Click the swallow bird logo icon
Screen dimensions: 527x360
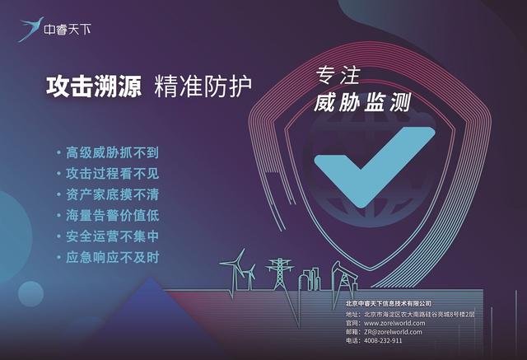[x=30, y=30]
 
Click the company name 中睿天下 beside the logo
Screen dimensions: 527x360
[x=68, y=30]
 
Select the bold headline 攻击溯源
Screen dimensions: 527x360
[x=94, y=86]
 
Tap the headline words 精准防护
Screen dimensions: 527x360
[x=203, y=86]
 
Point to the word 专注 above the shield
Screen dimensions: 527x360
[x=338, y=75]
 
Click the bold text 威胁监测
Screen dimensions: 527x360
[x=362, y=102]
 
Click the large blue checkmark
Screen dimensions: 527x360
[x=375, y=166]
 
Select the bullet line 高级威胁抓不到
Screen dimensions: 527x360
[x=112, y=152]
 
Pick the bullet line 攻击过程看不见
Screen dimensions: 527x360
[x=112, y=174]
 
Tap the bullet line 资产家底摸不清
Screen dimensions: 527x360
[x=112, y=194]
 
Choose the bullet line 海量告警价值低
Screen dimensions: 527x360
[x=112, y=216]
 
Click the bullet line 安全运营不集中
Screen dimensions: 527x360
[x=112, y=236]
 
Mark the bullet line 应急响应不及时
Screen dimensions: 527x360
[x=112, y=258]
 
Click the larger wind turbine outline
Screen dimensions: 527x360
[x=236, y=269]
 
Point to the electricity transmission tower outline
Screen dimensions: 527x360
[x=280, y=274]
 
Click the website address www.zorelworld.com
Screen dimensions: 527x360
[x=394, y=324]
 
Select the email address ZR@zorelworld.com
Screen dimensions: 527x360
[x=393, y=332]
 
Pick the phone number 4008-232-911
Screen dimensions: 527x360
[x=383, y=340]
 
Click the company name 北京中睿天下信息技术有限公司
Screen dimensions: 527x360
[x=389, y=303]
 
